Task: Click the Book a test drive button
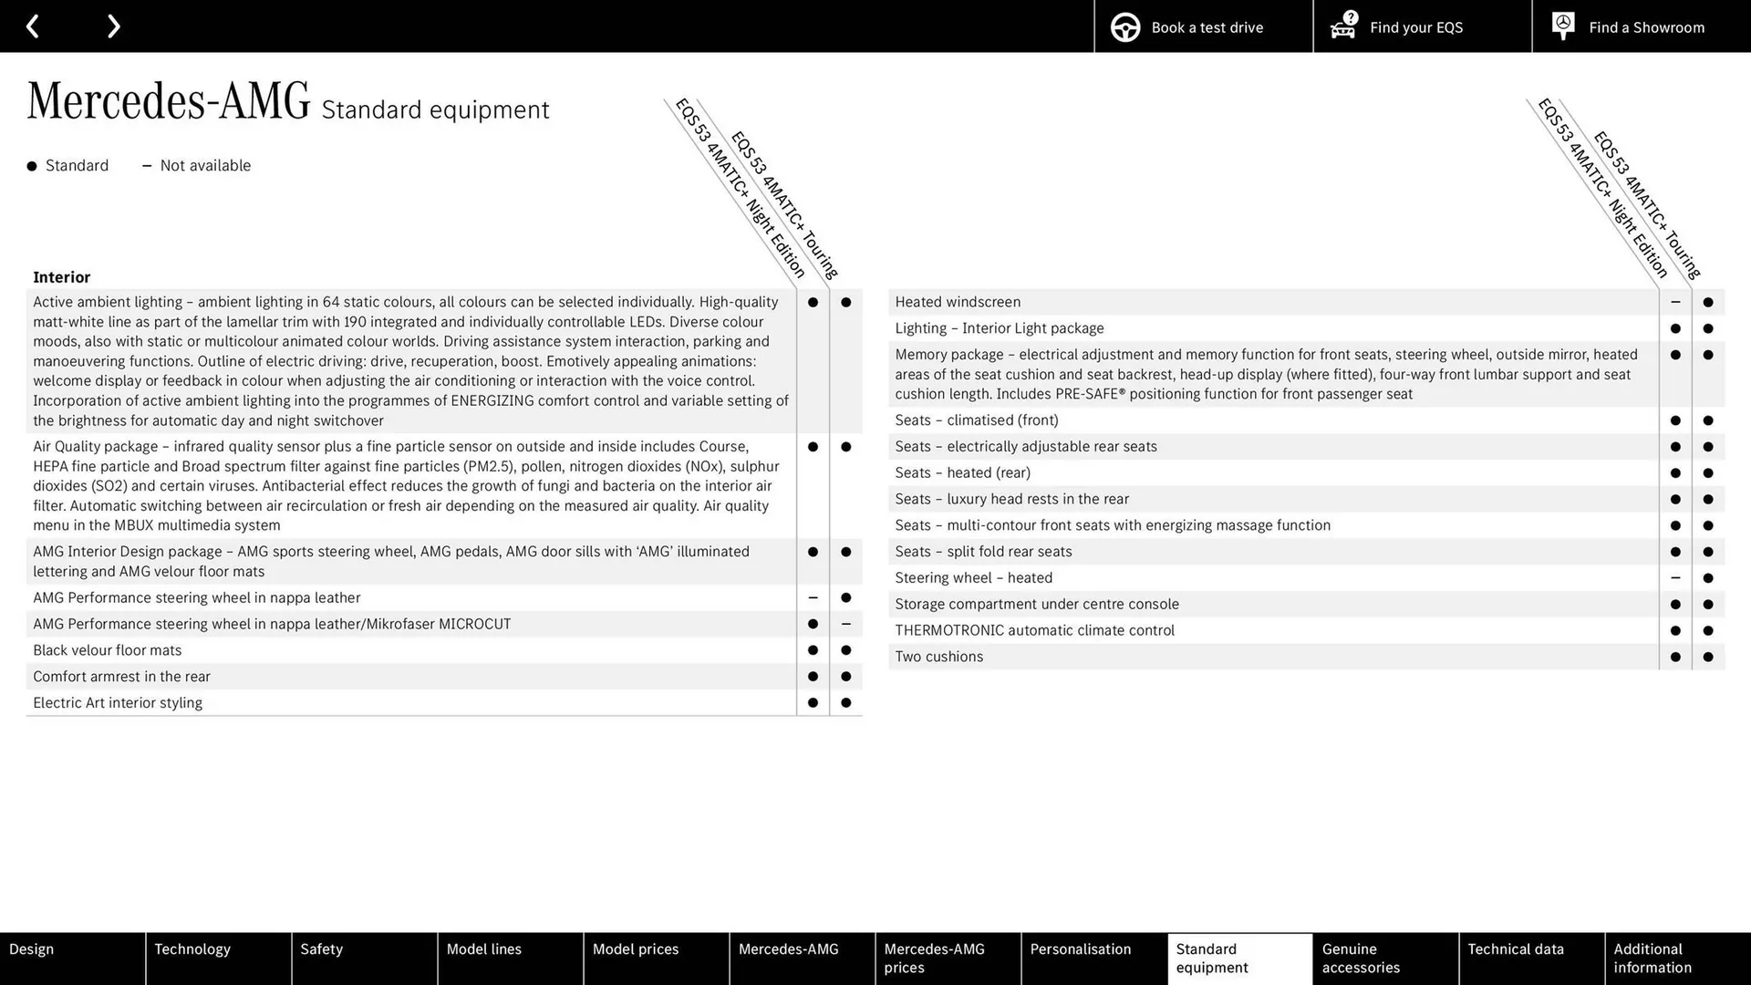point(1203,26)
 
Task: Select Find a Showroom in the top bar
point(1641,26)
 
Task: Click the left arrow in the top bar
point(33,26)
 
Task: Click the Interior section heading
point(62,277)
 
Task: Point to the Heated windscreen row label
point(958,302)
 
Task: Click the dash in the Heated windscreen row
point(1675,302)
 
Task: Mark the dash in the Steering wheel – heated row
point(1675,578)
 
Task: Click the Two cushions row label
point(939,657)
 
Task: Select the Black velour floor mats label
point(108,650)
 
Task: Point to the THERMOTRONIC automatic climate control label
point(1034,630)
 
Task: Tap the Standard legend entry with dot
point(68,166)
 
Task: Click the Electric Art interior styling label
point(118,703)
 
